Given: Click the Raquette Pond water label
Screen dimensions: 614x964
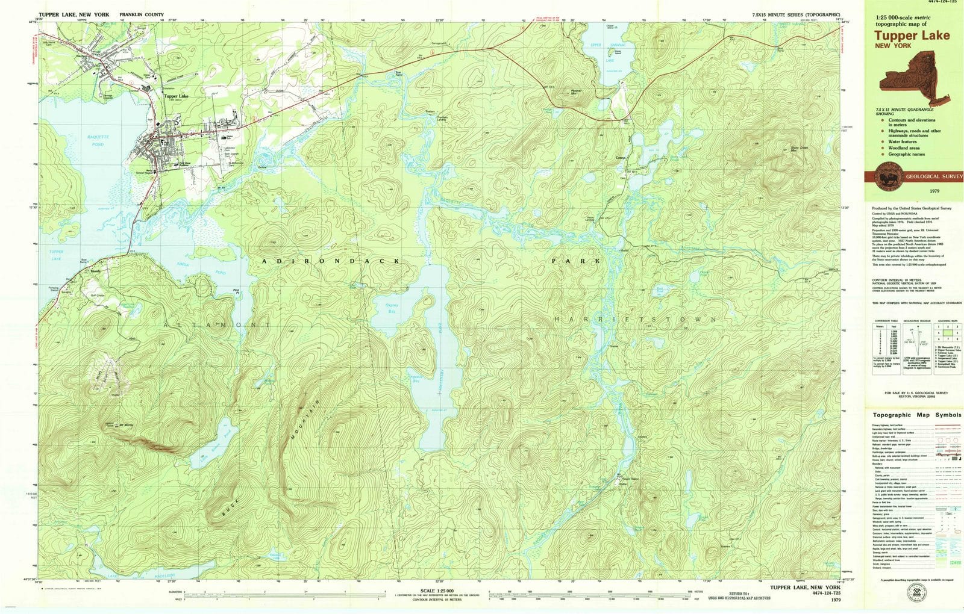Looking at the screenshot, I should coord(93,141).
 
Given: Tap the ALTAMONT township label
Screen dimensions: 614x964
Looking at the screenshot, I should coord(217,325).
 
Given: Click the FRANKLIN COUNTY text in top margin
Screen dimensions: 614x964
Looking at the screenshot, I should coord(142,13).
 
